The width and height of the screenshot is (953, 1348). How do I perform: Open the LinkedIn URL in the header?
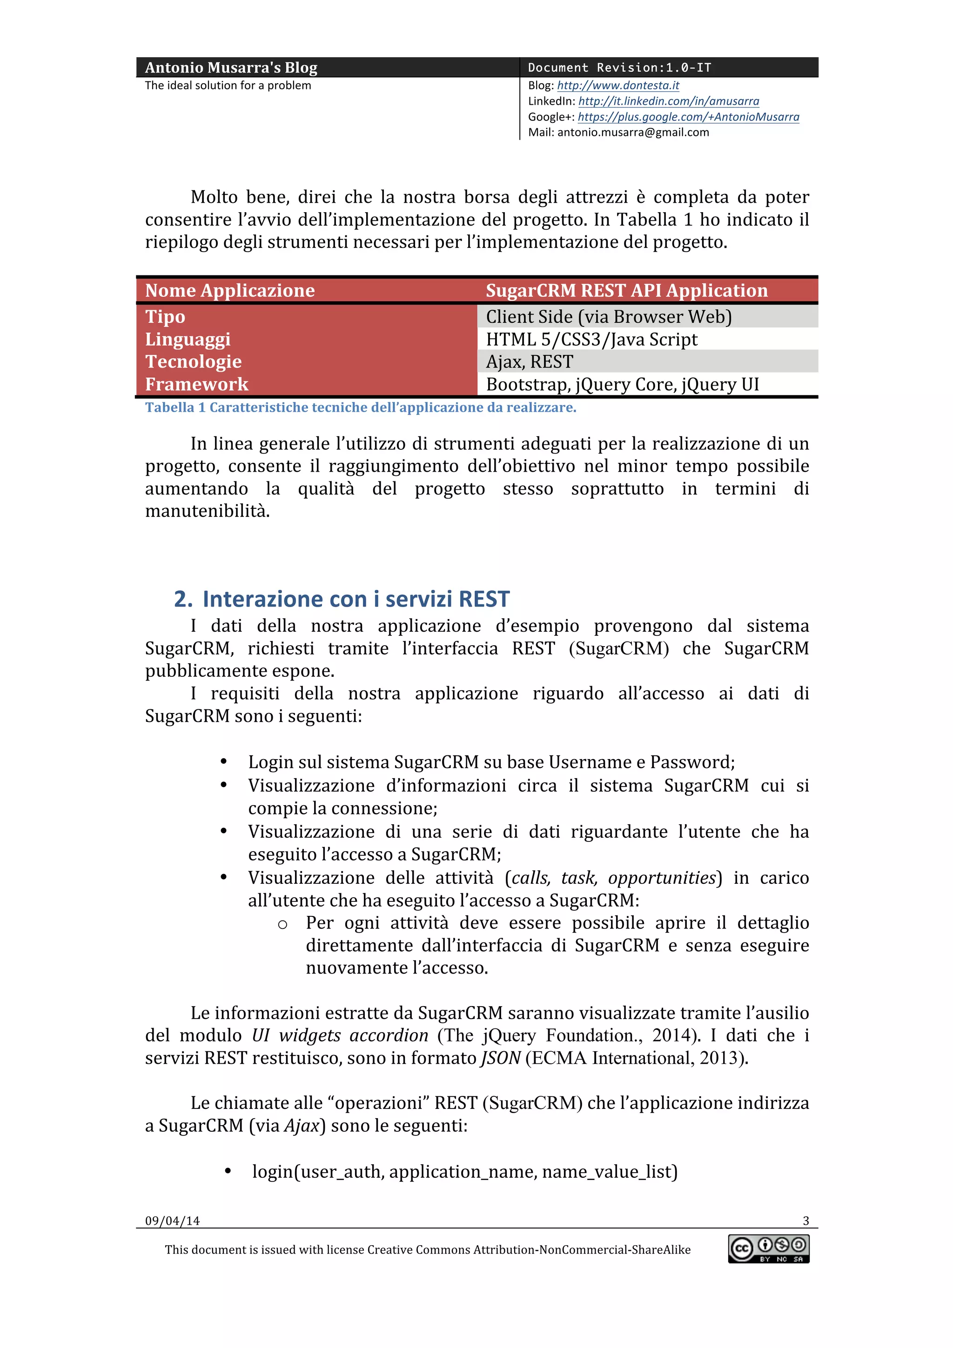coord(668,101)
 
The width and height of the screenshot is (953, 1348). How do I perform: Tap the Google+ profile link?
coord(688,117)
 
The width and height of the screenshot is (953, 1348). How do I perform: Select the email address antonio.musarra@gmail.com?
coord(633,132)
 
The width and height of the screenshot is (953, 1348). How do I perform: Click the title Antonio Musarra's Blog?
coord(231,67)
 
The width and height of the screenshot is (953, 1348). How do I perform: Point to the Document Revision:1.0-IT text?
coord(619,67)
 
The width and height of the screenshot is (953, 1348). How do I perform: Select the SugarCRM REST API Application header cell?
coord(626,290)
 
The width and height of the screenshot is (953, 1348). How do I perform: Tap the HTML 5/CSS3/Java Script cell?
coord(591,340)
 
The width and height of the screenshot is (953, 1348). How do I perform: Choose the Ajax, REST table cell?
coord(529,362)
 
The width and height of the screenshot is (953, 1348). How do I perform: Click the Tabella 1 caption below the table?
coord(360,407)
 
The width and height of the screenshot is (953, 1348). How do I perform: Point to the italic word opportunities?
coord(662,878)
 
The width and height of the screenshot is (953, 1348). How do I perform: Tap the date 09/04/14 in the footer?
coord(172,1221)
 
